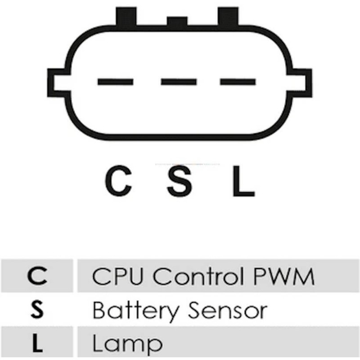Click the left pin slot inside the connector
pos(115,82)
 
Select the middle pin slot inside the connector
pos(179,82)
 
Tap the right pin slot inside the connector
pos(238,82)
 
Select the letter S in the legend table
pos(38,310)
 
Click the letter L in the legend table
pos(38,344)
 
